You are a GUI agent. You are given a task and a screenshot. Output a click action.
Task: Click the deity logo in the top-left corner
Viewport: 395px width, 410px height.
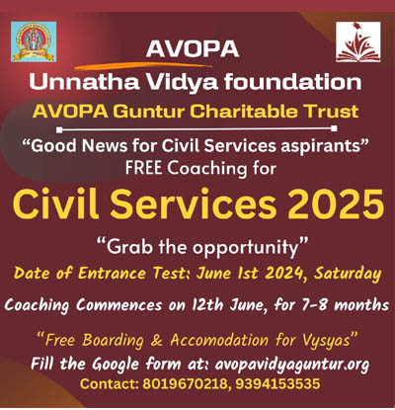34,41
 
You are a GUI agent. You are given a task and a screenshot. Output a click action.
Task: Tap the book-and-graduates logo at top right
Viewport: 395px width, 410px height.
358,41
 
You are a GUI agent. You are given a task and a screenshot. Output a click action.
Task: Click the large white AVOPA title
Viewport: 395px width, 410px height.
193,49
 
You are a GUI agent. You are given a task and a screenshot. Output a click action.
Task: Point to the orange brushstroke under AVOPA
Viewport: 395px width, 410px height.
143,66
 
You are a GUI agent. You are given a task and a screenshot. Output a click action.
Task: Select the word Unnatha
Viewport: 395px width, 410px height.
84,81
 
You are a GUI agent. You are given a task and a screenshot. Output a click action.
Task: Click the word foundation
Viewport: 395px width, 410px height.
293,81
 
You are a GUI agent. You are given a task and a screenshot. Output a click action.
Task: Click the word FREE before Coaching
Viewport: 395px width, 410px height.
143,168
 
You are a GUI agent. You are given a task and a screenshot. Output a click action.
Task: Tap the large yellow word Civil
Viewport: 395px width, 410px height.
56,204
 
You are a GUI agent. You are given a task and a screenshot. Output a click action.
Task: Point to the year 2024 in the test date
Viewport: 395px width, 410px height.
283,273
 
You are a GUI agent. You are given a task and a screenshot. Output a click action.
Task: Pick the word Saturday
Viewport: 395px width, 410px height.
348,274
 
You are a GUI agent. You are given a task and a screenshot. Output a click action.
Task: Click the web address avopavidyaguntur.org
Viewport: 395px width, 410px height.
292,365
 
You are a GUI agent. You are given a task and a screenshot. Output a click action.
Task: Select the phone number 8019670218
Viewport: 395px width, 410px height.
185,384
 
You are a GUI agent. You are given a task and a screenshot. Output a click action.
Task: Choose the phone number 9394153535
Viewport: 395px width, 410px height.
277,384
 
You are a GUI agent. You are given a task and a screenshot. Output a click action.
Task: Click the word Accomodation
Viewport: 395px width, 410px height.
219,340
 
